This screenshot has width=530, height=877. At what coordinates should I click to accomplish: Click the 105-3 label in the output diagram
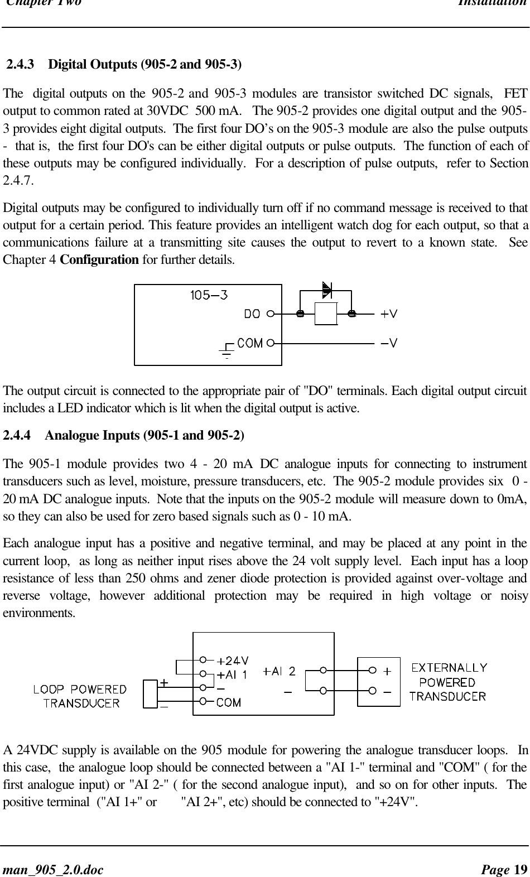[x=209, y=295]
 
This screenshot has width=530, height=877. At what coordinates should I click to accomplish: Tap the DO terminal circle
[x=270, y=314]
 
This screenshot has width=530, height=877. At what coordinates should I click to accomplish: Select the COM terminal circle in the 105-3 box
[x=270, y=343]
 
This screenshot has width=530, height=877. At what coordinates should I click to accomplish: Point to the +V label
[x=389, y=314]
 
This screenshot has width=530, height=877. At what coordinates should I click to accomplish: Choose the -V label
[x=389, y=343]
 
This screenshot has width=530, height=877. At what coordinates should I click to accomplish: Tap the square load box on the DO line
[x=326, y=314]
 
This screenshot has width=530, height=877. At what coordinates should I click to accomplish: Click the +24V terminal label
[x=233, y=661]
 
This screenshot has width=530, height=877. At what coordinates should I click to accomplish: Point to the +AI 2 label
[x=279, y=671]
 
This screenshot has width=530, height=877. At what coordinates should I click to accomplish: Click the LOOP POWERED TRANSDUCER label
[x=80, y=696]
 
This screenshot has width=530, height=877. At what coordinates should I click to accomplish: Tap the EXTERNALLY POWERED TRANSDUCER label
[x=448, y=682]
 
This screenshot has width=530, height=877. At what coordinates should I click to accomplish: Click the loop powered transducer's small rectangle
[x=150, y=693]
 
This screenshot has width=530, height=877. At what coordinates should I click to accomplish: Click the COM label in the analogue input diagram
[x=229, y=702]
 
